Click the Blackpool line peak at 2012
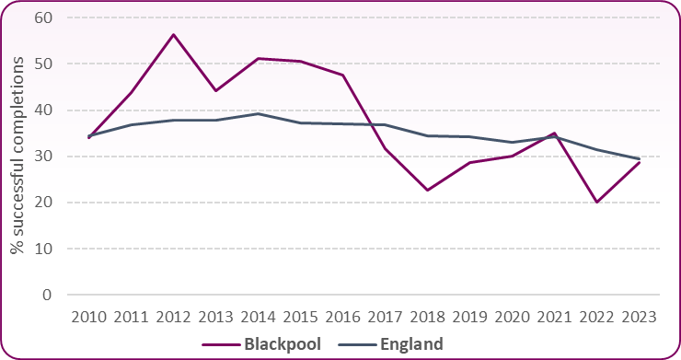point(172,35)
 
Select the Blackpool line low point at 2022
point(597,202)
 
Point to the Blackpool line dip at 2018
point(427,190)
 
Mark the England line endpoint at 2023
point(640,158)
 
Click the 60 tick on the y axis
point(43,17)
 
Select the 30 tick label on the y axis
point(43,157)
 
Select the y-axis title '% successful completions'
point(17,157)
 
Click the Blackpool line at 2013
point(214,90)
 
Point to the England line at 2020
point(512,142)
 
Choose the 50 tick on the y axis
point(43,64)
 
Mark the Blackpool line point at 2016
point(342,75)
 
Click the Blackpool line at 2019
point(469,163)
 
